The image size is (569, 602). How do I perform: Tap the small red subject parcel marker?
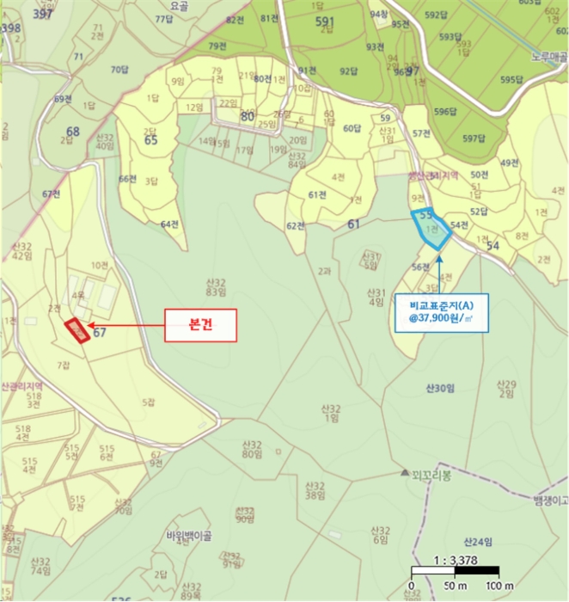[x=77, y=330]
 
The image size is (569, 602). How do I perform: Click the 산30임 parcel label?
[x=438, y=389]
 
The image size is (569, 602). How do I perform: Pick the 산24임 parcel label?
[x=478, y=542]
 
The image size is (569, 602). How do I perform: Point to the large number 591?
[x=324, y=21]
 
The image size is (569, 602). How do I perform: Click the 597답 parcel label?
[x=474, y=138]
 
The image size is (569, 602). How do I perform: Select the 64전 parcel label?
[x=169, y=224]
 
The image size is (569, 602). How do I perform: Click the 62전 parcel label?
[x=296, y=226]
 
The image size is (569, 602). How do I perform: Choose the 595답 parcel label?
[x=512, y=80]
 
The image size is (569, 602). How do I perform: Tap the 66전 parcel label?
[x=127, y=179]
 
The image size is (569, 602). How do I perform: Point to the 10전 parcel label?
[x=100, y=265]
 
